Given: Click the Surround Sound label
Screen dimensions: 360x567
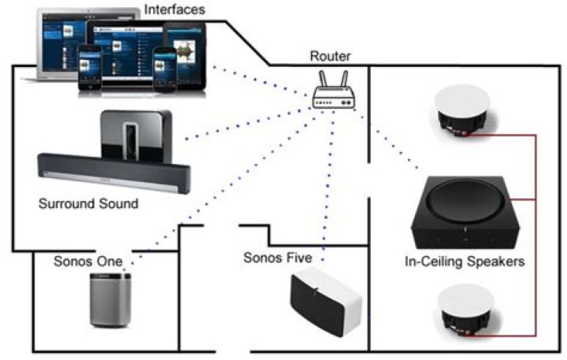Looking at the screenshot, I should (88, 203).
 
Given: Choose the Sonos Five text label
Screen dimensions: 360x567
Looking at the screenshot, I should (278, 258).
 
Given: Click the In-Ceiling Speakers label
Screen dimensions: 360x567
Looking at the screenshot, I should (461, 261).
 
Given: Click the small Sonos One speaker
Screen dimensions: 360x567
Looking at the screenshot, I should (108, 300).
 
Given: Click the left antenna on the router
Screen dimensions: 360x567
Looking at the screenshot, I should (319, 76).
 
